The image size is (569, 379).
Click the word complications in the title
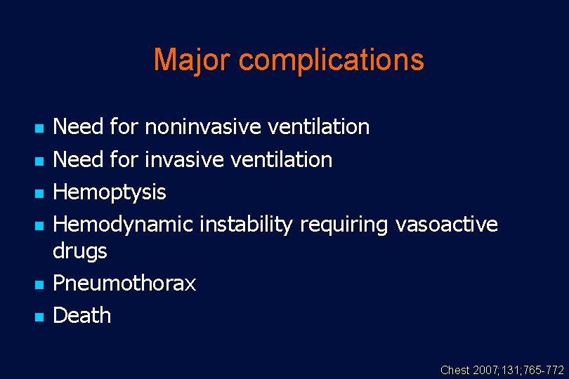tap(331, 60)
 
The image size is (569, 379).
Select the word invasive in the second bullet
tap(185, 159)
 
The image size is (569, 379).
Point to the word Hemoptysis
tap(110, 192)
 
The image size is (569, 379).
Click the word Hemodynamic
tap(123, 225)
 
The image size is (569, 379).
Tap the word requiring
tap(344, 225)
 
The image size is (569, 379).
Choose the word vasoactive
tap(446, 225)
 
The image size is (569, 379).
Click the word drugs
tap(80, 251)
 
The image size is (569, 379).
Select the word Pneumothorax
tap(124, 283)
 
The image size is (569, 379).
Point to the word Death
tap(82, 315)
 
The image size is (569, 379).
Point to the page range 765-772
tap(544, 370)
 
